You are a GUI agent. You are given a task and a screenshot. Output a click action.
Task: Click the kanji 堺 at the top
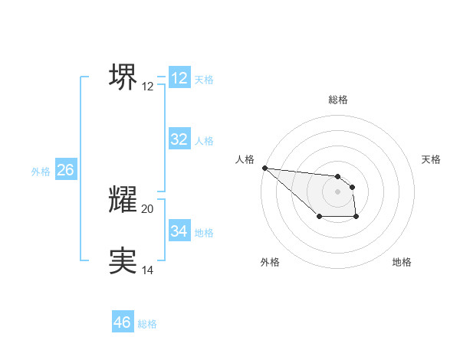coord(123,77)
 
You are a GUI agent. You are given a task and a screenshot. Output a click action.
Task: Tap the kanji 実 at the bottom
coord(123,260)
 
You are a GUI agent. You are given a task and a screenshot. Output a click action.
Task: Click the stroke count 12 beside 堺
coord(148,87)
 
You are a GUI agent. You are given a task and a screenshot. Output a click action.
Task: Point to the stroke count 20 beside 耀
coord(148,209)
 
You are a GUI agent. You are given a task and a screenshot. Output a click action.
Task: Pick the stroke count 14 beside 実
coord(148,270)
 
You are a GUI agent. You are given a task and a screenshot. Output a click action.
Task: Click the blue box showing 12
coord(179,77)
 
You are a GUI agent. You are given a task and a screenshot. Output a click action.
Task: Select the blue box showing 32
coord(179,139)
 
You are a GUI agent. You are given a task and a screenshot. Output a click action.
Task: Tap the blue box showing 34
coord(179,231)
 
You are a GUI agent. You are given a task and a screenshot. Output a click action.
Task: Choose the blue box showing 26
coord(65,170)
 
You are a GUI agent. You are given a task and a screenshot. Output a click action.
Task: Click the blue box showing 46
coord(123,322)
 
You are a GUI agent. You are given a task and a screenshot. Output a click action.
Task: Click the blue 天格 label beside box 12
coord(204,79)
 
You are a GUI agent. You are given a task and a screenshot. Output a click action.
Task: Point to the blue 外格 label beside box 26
coord(41,172)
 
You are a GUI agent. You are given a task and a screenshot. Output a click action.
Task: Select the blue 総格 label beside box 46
coord(147,324)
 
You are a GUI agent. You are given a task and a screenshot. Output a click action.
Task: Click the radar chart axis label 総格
coord(337,100)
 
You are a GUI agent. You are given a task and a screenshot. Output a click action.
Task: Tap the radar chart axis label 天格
coord(431,159)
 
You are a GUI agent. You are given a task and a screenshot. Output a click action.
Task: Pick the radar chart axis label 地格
coord(402,262)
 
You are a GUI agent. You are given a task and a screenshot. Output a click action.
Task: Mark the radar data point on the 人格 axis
coord(264,168)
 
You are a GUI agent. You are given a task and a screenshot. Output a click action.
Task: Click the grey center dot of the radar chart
coord(337,191)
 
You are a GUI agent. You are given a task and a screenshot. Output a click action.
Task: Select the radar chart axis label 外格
coord(270,262)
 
